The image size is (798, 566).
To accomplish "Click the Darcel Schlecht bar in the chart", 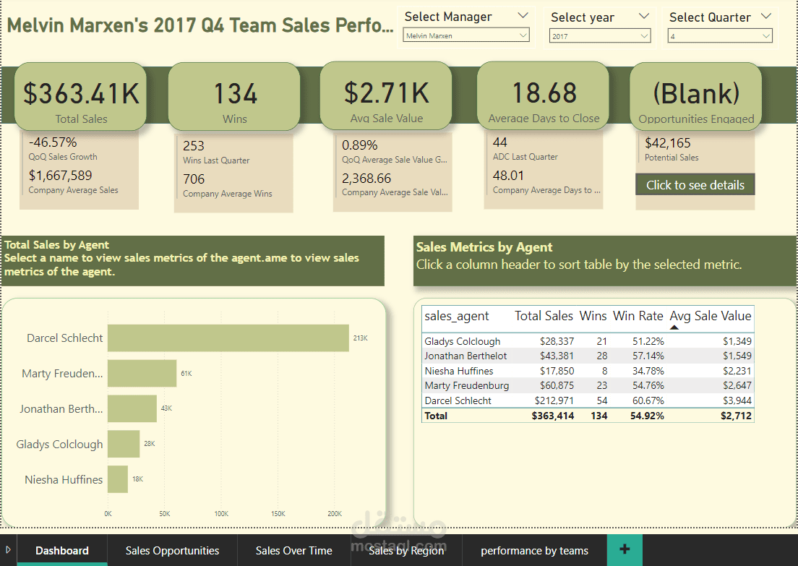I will coord(228,338).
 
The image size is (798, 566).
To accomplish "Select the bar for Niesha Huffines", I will coord(118,480).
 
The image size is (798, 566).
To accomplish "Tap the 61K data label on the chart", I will coord(186,374).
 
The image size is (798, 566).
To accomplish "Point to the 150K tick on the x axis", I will coord(278,514).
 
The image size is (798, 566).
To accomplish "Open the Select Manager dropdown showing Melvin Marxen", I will coord(466,35).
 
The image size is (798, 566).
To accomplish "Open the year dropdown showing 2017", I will coord(599,35).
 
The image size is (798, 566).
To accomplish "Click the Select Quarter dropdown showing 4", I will coord(719,35).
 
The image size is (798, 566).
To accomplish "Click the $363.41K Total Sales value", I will coord(81,93).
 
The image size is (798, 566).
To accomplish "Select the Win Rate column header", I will coord(638,316).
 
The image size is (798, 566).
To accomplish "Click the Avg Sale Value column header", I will coord(710,316).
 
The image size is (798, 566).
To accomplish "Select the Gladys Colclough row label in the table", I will coord(463,341).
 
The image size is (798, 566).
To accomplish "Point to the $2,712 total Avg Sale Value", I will coord(736,416).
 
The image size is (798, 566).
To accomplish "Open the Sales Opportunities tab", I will coord(172,551).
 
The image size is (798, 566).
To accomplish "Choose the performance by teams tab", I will coord(534,551).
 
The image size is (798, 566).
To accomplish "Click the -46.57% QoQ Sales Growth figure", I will coord(53,142).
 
